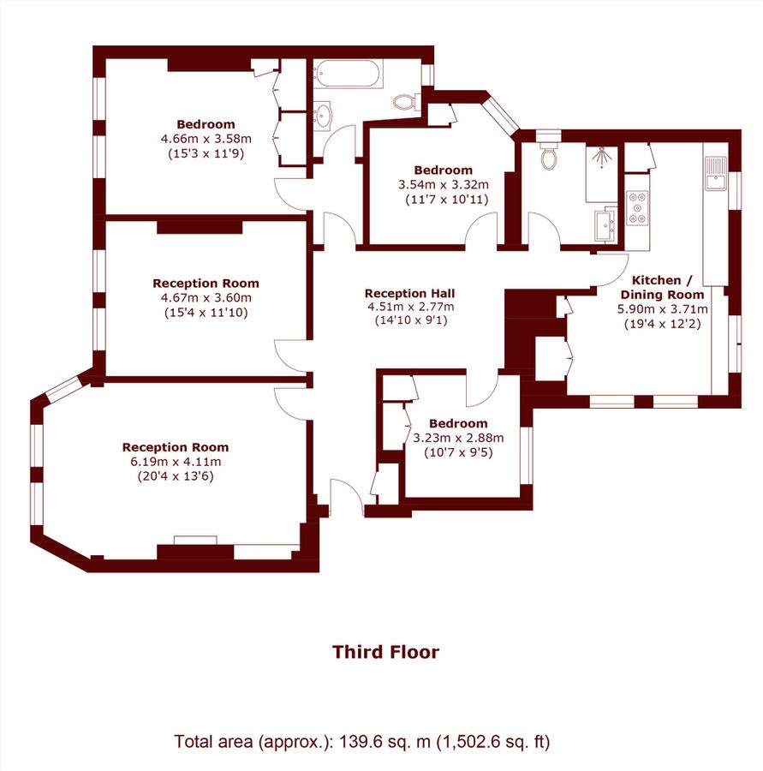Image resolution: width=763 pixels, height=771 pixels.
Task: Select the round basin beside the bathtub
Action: (x=325, y=116)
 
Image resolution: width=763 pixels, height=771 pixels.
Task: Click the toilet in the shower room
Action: (x=549, y=157)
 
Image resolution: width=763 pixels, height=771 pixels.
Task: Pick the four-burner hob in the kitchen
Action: (x=638, y=207)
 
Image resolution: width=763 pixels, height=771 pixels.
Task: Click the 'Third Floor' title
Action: (x=385, y=652)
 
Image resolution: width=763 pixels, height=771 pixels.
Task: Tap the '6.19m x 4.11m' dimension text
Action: (x=175, y=461)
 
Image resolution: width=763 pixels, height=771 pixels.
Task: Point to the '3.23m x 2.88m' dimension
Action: (x=458, y=437)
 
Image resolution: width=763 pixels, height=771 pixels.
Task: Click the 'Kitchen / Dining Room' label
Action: (x=664, y=287)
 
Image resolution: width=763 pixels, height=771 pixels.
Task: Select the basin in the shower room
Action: (x=610, y=225)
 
